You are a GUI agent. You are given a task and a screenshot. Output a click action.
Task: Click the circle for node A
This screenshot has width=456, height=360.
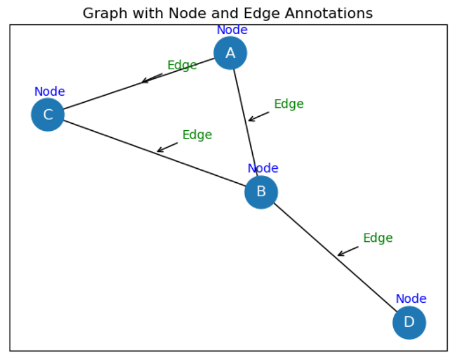[x=230, y=53]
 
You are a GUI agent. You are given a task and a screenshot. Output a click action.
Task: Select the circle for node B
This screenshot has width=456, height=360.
[x=261, y=192]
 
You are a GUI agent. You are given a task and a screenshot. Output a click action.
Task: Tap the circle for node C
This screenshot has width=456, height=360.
[x=48, y=115]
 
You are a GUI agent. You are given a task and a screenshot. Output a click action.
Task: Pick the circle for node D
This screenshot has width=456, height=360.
[x=409, y=322]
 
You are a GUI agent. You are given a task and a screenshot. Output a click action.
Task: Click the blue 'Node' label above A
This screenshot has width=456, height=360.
[x=232, y=30]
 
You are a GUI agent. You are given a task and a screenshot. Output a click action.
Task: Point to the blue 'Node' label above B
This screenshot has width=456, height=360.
[x=263, y=169]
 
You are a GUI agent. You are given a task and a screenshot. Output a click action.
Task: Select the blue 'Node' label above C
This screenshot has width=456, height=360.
[x=49, y=92]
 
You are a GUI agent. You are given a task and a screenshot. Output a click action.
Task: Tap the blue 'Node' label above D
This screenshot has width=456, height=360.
[x=410, y=299]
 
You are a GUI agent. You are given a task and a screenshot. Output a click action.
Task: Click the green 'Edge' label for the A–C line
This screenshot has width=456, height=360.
[x=182, y=65]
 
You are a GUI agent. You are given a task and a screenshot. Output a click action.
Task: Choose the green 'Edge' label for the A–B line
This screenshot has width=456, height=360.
[x=289, y=104]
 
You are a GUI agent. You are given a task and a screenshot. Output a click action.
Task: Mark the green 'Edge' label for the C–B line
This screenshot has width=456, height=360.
[x=197, y=135]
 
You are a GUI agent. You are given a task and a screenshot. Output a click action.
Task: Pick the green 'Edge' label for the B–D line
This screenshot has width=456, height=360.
[x=378, y=238]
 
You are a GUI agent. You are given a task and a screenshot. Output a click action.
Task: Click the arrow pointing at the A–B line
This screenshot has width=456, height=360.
[x=258, y=116]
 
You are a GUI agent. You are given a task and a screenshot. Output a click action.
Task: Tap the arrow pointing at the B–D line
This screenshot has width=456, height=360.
[x=348, y=251]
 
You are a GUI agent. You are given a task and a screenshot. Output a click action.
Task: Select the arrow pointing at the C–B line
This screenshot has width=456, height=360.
[x=167, y=148]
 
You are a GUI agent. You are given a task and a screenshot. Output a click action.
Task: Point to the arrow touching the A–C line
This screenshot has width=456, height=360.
[x=152, y=78]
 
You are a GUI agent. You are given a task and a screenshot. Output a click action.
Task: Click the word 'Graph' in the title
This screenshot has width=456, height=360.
[x=103, y=13]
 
